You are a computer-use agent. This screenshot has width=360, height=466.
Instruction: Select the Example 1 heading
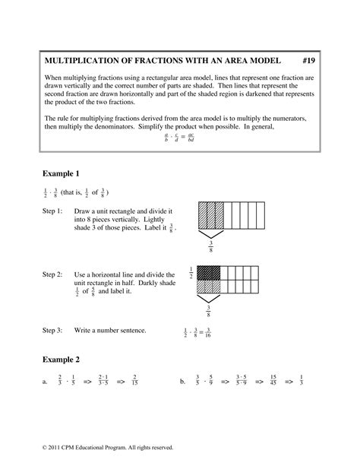[x=63, y=173]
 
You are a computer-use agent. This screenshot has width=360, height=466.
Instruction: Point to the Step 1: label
[x=52, y=210]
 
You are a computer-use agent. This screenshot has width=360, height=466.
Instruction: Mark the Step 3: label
[x=52, y=331]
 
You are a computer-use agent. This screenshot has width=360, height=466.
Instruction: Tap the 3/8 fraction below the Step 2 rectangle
[x=210, y=310]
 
